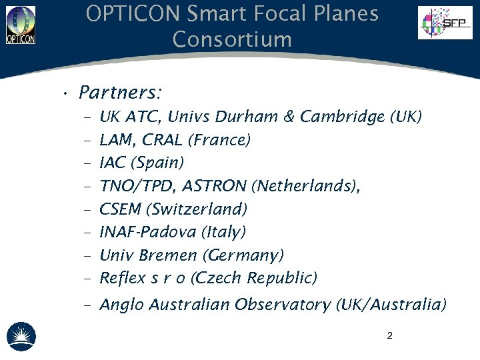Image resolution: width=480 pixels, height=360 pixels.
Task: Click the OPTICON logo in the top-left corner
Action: pyautogui.click(x=21, y=25)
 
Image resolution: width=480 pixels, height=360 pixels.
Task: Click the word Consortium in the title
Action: pyautogui.click(x=232, y=39)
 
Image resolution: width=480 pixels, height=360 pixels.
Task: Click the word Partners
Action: pyautogui.click(x=121, y=91)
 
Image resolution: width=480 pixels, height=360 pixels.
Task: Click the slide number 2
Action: pyautogui.click(x=389, y=335)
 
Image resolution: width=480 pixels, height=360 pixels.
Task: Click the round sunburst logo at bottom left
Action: pyautogui.click(x=21, y=337)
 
